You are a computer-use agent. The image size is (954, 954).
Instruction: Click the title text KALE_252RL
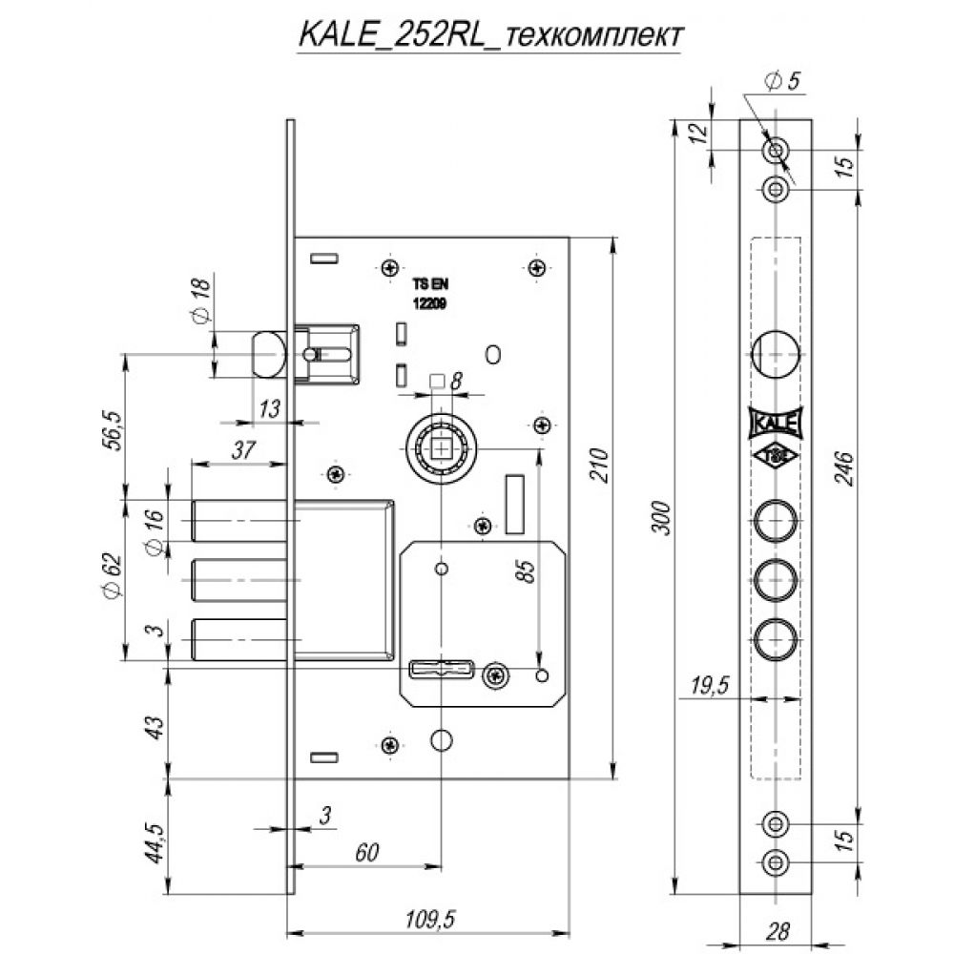point(391,35)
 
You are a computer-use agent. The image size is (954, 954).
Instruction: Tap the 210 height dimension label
point(600,465)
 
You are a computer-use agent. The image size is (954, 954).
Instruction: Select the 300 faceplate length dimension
point(662,518)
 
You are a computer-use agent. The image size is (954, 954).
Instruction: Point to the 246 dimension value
point(844,468)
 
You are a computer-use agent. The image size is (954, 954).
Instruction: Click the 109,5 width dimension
point(430,919)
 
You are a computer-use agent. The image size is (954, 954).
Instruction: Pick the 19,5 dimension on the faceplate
point(710,686)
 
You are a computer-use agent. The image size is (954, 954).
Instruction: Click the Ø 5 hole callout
point(783,81)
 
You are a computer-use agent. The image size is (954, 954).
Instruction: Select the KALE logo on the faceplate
point(775,423)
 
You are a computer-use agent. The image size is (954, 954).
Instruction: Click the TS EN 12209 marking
point(430,295)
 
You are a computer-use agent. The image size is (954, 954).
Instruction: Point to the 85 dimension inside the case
point(526,571)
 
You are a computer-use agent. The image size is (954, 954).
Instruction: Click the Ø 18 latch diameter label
point(200,300)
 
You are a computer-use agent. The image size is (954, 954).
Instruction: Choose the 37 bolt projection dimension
point(242,450)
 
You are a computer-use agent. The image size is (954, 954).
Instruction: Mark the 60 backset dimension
point(367,852)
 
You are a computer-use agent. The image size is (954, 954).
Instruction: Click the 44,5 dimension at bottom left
point(156,842)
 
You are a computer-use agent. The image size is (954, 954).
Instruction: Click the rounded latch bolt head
point(269,354)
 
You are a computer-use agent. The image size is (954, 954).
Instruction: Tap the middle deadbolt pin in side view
point(239,580)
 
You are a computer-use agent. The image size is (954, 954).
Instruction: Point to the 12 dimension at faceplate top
point(700,133)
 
